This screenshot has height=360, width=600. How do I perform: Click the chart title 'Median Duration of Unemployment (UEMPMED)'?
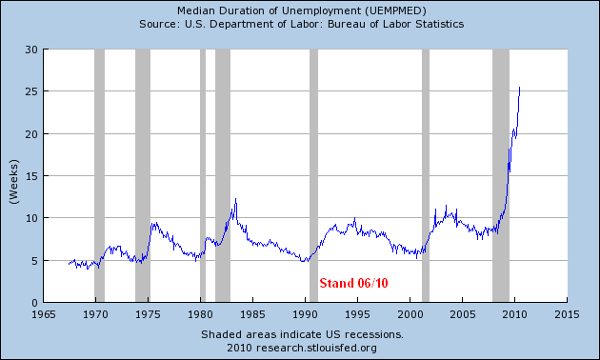302,10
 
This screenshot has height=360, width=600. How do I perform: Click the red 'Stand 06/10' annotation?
353,283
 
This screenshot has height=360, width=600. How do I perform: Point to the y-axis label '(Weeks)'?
13,182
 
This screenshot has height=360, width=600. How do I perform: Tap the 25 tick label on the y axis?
31,91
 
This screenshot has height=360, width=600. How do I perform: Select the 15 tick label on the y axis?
31,176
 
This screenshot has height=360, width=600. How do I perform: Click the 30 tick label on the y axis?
31,50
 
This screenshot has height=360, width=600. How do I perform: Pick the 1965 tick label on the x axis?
44,314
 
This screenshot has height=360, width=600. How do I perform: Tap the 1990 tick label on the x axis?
305,314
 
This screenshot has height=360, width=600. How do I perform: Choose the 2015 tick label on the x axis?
567,314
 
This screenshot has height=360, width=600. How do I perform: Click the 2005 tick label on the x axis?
462,314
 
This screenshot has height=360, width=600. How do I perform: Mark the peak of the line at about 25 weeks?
519,88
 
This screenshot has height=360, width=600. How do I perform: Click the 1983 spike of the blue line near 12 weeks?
235,198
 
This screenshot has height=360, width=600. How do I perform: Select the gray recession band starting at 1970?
99,175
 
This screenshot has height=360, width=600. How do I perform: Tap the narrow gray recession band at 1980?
203,175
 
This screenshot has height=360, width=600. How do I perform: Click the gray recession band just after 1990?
313,175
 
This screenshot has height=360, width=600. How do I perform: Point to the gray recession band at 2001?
426,175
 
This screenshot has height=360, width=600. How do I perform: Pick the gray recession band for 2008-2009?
501,175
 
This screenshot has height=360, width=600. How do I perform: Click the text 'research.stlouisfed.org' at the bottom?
316,349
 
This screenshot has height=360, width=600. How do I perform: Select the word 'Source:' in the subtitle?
160,24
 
